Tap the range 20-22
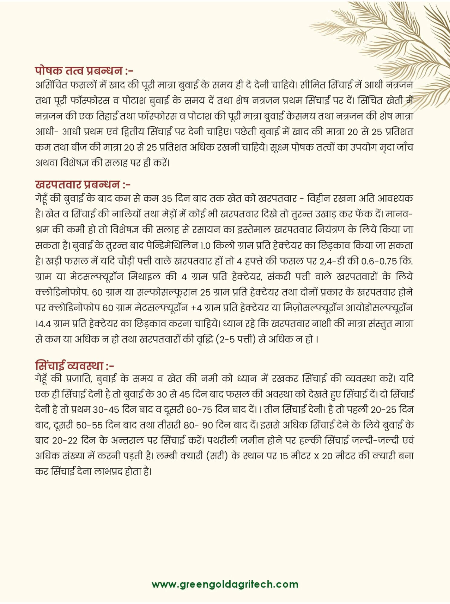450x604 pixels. (65, 441)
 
